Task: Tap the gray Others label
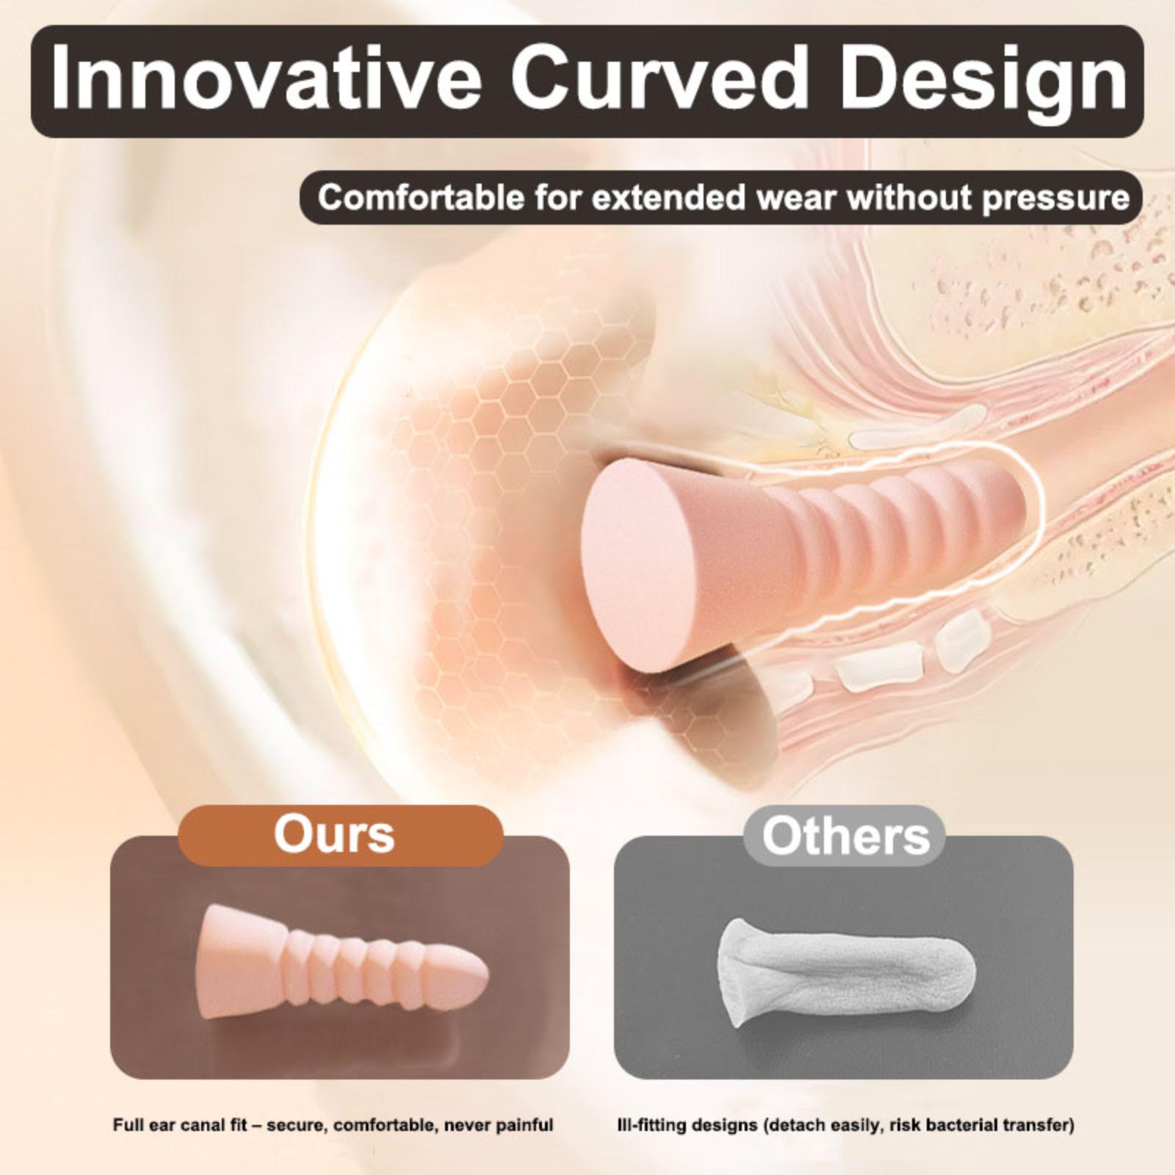click(845, 836)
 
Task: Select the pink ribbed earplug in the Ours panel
click(344, 963)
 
